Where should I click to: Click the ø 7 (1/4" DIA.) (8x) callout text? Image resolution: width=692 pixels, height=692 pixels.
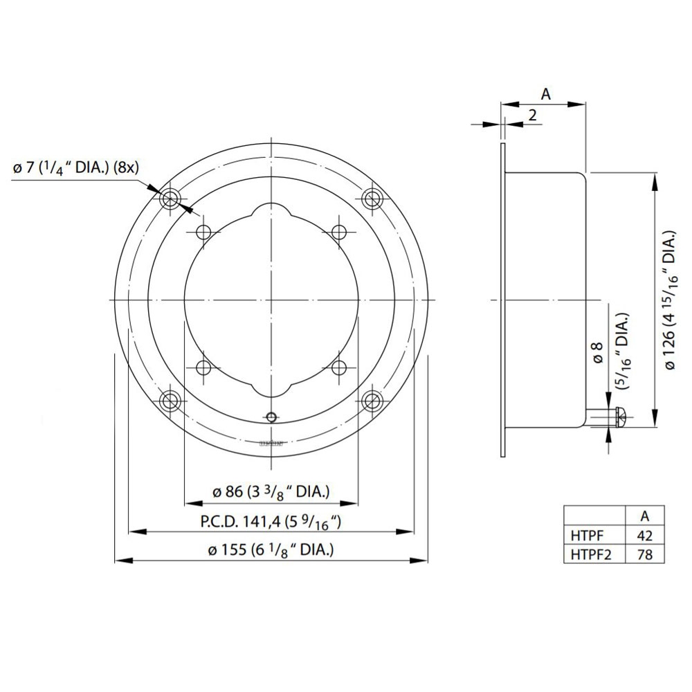(x=77, y=167)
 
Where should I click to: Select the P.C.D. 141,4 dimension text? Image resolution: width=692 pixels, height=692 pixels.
(x=271, y=522)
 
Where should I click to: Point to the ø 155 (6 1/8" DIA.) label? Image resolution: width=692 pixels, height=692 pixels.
(x=271, y=551)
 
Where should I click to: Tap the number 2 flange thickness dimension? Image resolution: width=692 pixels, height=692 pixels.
(x=532, y=116)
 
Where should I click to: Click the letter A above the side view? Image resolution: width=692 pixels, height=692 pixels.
(x=545, y=95)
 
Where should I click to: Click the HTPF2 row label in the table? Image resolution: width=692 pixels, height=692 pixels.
(x=592, y=554)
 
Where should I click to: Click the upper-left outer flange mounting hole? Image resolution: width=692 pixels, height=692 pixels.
(x=170, y=199)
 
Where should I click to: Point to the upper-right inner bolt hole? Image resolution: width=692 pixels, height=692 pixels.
(x=340, y=232)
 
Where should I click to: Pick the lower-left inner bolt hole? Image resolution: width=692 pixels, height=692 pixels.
(x=203, y=366)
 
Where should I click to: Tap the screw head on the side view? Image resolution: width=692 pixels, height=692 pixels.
(x=621, y=417)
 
